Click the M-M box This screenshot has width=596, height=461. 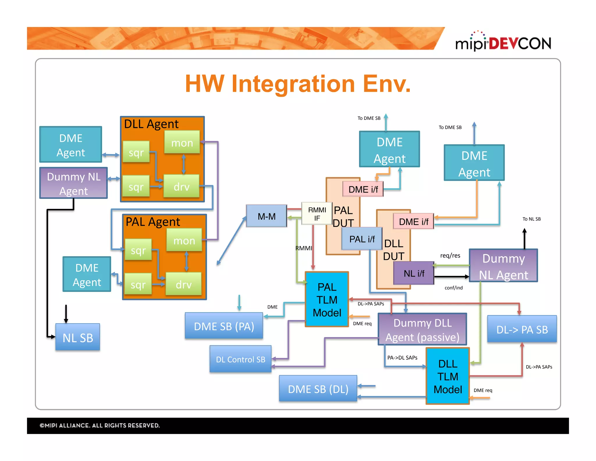(x=266, y=216)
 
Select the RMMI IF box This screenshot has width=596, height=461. (x=317, y=214)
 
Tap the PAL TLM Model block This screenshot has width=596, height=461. (x=327, y=300)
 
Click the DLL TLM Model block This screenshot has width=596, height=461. (x=447, y=376)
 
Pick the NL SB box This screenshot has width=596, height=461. (x=78, y=337)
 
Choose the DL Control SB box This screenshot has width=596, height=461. (x=240, y=359)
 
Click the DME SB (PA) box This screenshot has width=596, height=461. (x=224, y=326)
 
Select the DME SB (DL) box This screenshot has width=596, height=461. (x=318, y=389)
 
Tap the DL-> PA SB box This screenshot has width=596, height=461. (x=522, y=329)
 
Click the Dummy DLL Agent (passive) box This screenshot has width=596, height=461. (x=422, y=330)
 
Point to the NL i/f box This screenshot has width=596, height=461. (x=414, y=273)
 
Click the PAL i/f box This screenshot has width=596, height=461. (x=362, y=239)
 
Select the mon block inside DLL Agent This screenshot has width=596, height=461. (x=182, y=142)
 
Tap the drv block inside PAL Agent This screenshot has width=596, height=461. (x=183, y=284)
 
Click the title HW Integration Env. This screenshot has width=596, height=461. (x=298, y=84)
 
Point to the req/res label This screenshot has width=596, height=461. (x=450, y=256)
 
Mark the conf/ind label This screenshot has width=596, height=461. (x=453, y=288)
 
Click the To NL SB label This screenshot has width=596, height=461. (x=531, y=219)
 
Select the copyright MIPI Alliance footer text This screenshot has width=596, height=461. (x=100, y=425)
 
